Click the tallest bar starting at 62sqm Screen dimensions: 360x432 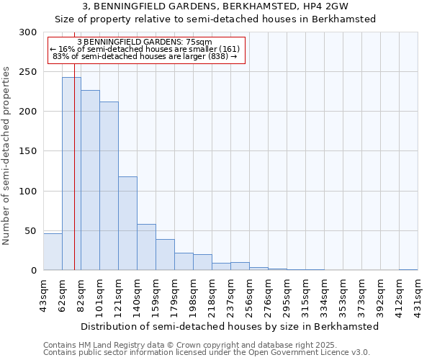[x=71, y=174]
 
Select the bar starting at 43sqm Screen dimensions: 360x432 [x=53, y=252]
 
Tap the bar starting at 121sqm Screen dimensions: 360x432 [x=127, y=223]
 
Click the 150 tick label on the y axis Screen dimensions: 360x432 [x=29, y=151]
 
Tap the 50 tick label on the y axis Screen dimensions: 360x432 [x=32, y=231]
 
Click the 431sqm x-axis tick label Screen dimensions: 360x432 [x=418, y=297]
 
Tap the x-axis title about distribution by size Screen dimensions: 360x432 [x=230, y=326]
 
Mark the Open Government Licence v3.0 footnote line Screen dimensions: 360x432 [x=207, y=353]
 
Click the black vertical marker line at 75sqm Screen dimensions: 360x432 [x=74, y=216]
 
